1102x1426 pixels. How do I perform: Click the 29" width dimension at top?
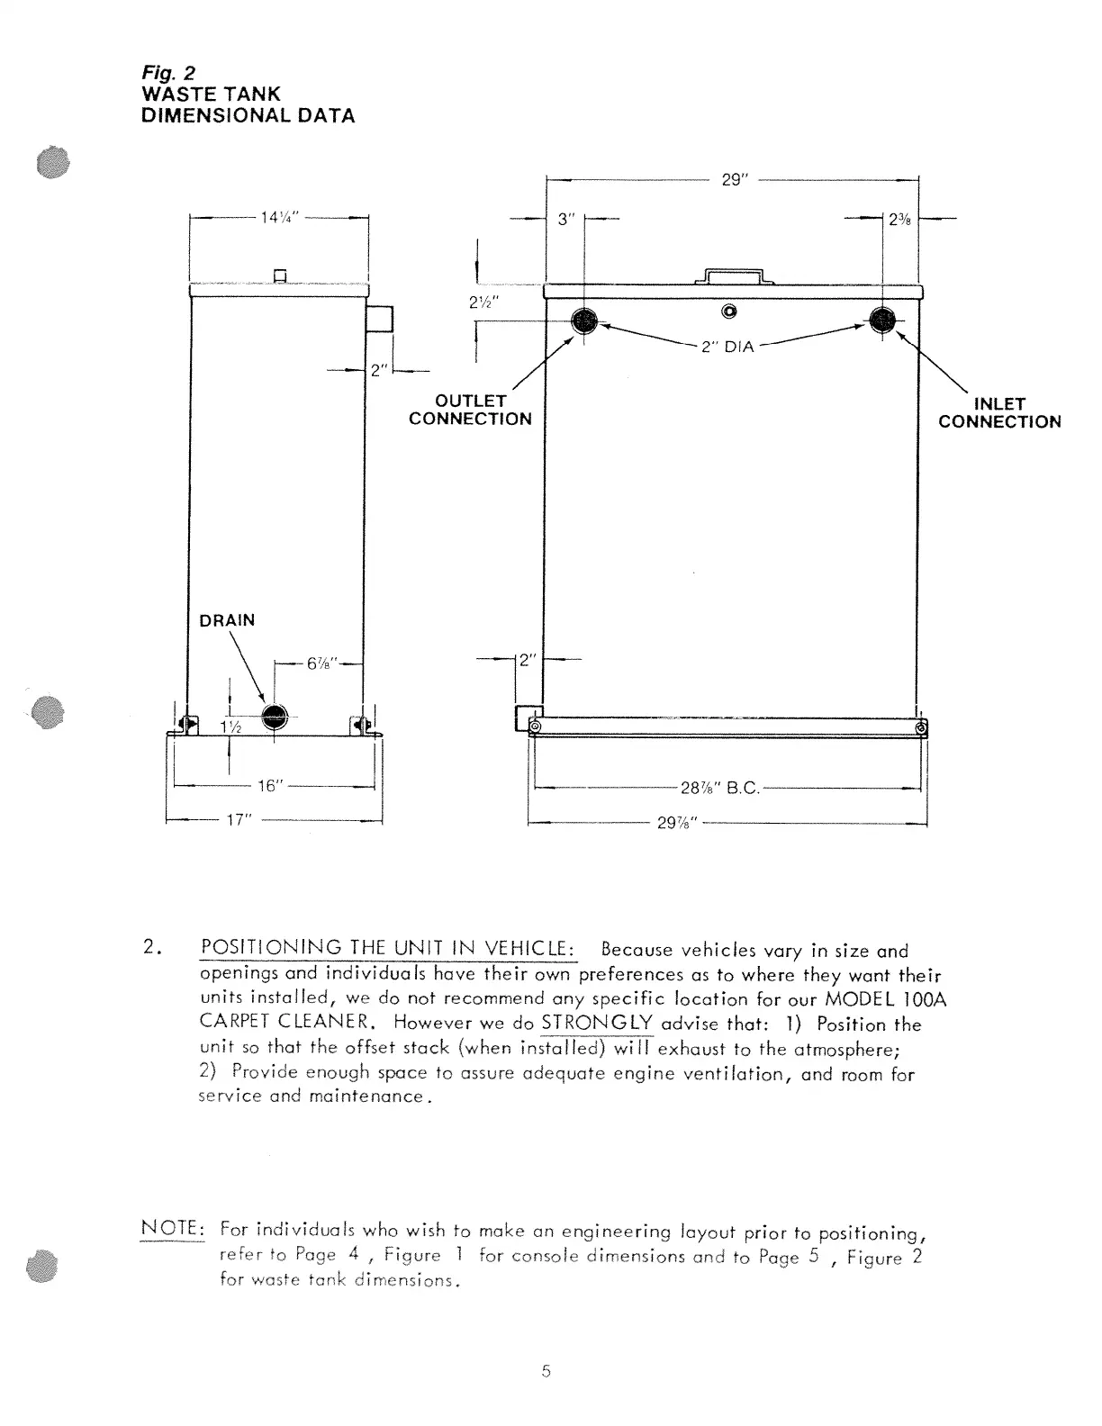point(735,180)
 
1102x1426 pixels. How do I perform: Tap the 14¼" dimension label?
point(279,217)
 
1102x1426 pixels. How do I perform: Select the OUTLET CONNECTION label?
point(470,410)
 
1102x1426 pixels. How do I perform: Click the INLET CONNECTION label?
point(999,413)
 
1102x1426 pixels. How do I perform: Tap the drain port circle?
point(274,717)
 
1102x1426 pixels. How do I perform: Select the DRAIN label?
point(227,620)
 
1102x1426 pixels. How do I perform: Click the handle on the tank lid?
point(734,275)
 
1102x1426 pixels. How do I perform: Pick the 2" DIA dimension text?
point(727,347)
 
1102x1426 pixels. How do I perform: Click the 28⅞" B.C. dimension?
point(720,789)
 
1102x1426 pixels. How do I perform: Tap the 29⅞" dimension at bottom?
point(678,822)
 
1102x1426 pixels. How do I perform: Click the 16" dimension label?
point(270,786)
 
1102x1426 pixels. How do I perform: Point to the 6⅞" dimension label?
point(321,663)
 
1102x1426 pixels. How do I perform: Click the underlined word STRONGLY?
point(597,1024)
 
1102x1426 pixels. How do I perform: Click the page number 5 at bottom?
point(546,1371)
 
